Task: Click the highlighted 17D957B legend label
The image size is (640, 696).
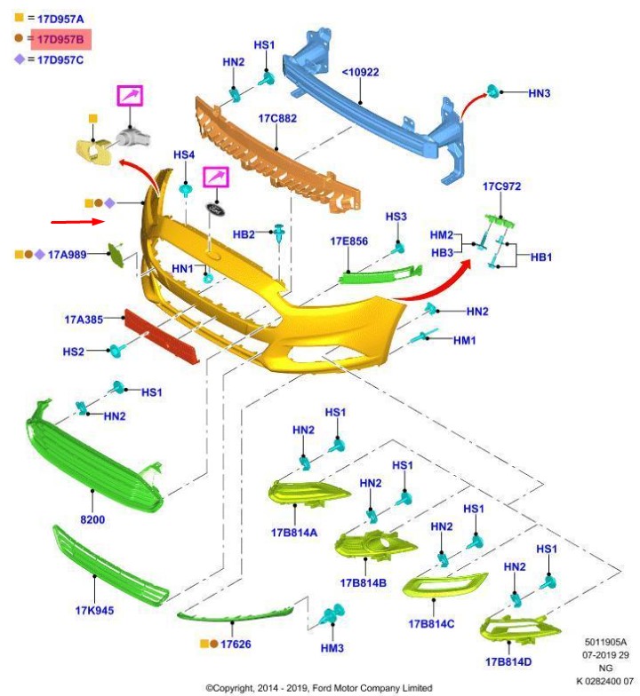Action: (x=60, y=38)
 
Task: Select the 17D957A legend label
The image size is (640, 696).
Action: (x=60, y=18)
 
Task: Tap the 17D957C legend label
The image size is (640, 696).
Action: (x=60, y=59)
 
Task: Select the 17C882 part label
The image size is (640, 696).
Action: (x=277, y=118)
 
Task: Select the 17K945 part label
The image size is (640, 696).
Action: (x=94, y=610)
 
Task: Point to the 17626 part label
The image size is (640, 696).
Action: (x=236, y=643)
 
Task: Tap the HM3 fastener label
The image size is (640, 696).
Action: (x=332, y=648)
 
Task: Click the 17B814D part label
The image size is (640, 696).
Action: (x=508, y=662)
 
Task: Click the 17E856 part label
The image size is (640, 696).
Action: (x=348, y=241)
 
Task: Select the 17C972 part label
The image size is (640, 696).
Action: (x=501, y=187)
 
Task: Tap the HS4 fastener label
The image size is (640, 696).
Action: (x=184, y=155)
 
